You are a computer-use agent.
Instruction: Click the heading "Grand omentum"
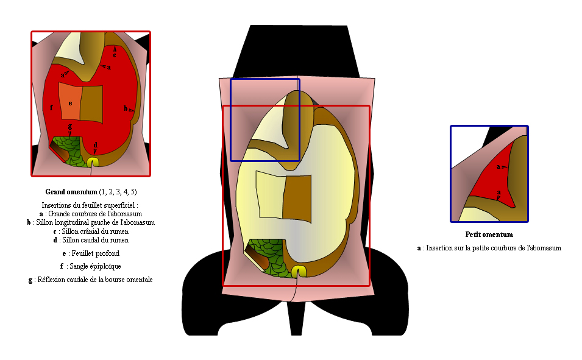pos(71,192)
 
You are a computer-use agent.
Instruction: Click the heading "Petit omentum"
pos(489,235)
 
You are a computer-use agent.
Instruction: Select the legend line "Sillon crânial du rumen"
pos(91,231)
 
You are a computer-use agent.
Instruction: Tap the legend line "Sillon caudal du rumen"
pos(91,240)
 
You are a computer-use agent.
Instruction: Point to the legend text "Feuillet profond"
pos(91,253)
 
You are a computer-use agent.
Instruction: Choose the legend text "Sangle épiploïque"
pos(91,266)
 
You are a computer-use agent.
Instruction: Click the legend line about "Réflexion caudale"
pos(91,280)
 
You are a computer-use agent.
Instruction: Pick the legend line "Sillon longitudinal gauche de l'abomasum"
pos(91,223)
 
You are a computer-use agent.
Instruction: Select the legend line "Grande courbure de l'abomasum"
pos(91,214)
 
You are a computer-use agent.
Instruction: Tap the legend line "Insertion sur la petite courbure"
pos(489,248)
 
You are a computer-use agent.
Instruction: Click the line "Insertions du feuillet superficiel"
pos(90,205)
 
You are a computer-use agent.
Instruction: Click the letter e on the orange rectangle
pos(70,103)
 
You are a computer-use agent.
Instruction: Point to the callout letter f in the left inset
pos(51,108)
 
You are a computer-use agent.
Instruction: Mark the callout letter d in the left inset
pos(96,145)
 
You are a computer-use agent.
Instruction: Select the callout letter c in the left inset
pos(115,55)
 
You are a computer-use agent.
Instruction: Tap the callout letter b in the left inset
pos(126,108)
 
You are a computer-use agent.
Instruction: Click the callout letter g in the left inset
pos(70,127)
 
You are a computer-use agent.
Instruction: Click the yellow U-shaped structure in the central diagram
pos(299,270)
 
